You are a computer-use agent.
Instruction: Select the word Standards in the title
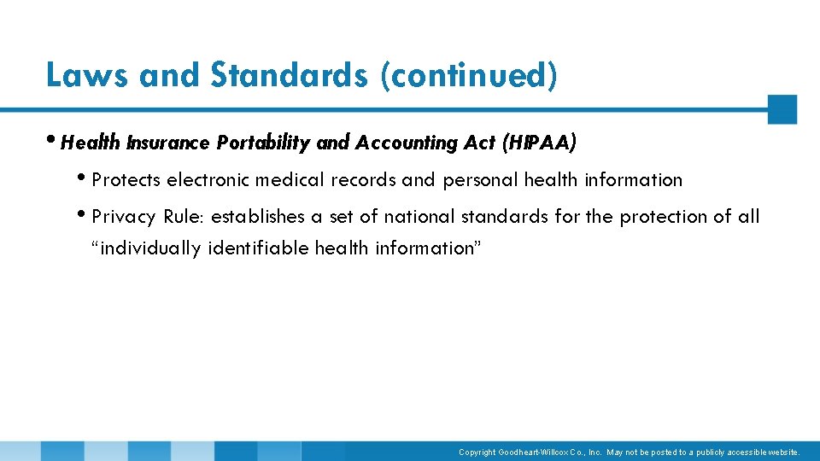[x=289, y=75]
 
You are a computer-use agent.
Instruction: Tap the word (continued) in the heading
[x=469, y=75]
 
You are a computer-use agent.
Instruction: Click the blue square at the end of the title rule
[x=782, y=109]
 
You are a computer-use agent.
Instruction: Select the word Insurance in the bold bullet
[x=167, y=143]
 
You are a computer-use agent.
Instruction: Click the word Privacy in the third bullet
[x=123, y=217]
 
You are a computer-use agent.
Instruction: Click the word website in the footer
[x=782, y=452]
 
